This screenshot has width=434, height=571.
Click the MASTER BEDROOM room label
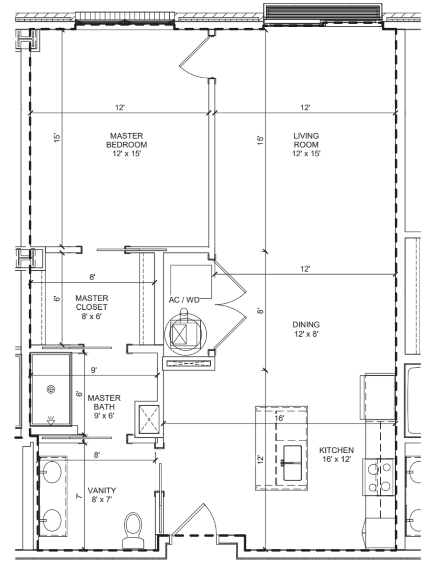pyautogui.click(x=126, y=144)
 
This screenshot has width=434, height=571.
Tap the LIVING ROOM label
pyautogui.click(x=306, y=144)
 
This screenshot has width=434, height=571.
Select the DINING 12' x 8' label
pyautogui.click(x=306, y=329)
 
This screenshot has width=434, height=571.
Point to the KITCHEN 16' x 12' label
pyautogui.click(x=337, y=455)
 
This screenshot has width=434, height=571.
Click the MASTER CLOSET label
pyautogui.click(x=92, y=307)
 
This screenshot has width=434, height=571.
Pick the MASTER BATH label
pyautogui.click(x=104, y=407)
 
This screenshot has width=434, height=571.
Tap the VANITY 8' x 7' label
pyautogui.click(x=102, y=495)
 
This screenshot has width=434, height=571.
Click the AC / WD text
pyautogui.click(x=184, y=300)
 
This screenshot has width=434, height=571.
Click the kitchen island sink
pyautogui.click(x=293, y=463)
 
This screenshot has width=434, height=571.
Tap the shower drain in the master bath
pyautogui.click(x=51, y=389)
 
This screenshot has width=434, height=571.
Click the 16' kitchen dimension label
pyautogui.click(x=279, y=418)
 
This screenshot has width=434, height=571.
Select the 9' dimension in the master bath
pyautogui.click(x=94, y=370)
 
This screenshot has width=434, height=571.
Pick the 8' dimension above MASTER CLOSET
pyautogui.click(x=92, y=277)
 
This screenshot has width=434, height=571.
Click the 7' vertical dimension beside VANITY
pyautogui.click(x=79, y=496)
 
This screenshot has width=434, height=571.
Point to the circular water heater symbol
pyautogui.click(x=185, y=334)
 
